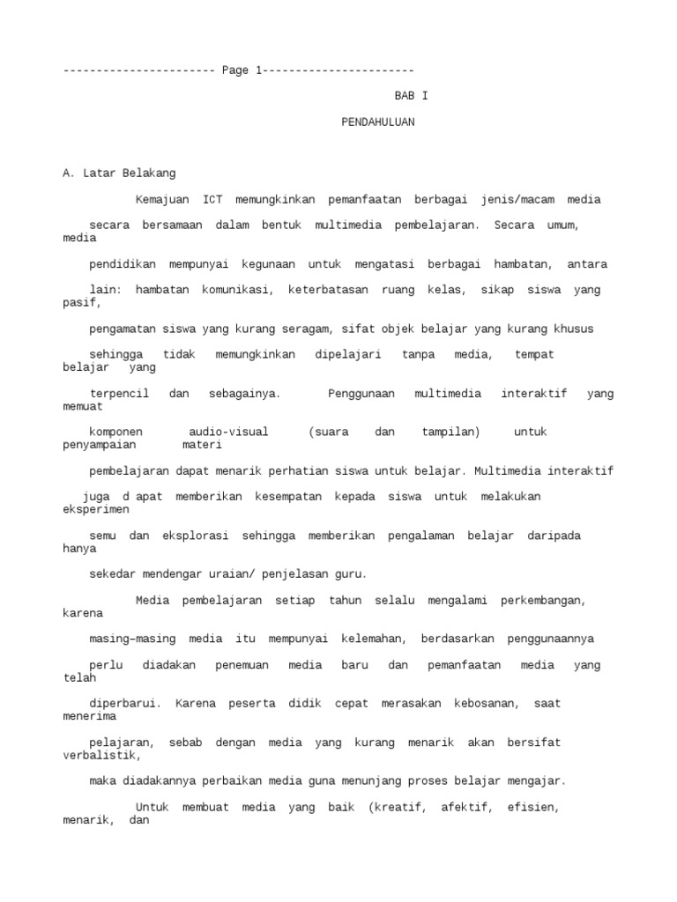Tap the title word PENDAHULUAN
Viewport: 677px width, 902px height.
pos(378,122)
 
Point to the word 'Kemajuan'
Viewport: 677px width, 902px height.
pos(162,199)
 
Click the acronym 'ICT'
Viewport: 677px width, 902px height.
pos(212,199)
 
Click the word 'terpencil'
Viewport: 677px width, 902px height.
pos(119,393)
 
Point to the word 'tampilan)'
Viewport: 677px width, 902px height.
pos(451,432)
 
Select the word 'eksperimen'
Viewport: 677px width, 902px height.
pos(96,509)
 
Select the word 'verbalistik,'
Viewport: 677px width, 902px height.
pos(102,755)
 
